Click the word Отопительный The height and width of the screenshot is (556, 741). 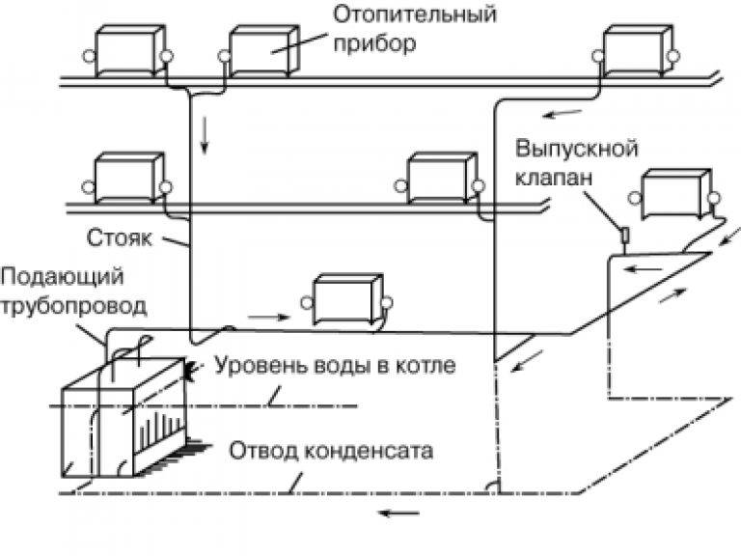coord(415,15)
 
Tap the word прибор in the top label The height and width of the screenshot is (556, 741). coord(374,44)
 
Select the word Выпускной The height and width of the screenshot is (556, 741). coord(577,149)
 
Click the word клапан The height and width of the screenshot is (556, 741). coord(554,179)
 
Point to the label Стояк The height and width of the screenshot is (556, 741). coord(120,237)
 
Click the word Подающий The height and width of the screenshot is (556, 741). coord(62,278)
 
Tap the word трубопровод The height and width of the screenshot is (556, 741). coord(73,306)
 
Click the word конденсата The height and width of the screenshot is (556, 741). coord(369,451)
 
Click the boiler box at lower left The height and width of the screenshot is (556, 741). coord(123,417)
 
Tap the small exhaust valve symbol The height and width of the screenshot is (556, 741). coord(624,234)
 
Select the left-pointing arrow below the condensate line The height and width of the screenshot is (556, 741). coord(399,513)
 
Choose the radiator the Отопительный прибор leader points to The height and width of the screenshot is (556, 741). coord(263,51)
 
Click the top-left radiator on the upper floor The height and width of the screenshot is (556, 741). coord(129,51)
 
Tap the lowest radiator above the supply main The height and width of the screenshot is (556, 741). coord(347,300)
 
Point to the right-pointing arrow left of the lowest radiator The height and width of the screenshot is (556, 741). coord(268,317)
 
